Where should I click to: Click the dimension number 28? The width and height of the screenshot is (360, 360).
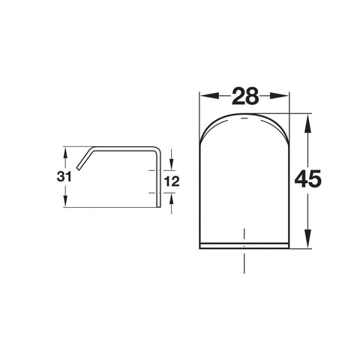(245, 96)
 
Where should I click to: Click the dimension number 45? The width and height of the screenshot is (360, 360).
(307, 178)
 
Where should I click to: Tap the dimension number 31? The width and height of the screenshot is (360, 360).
(64, 176)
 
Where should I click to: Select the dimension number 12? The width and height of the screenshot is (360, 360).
(172, 181)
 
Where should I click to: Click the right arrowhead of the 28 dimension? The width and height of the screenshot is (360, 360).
(278, 96)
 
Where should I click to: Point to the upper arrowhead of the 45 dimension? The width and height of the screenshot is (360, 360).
(307, 124)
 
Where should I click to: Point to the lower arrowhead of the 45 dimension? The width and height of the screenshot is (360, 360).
(307, 238)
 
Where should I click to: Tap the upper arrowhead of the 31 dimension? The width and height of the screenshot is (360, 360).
(65, 153)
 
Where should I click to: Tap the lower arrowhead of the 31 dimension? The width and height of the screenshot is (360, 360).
(65, 201)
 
